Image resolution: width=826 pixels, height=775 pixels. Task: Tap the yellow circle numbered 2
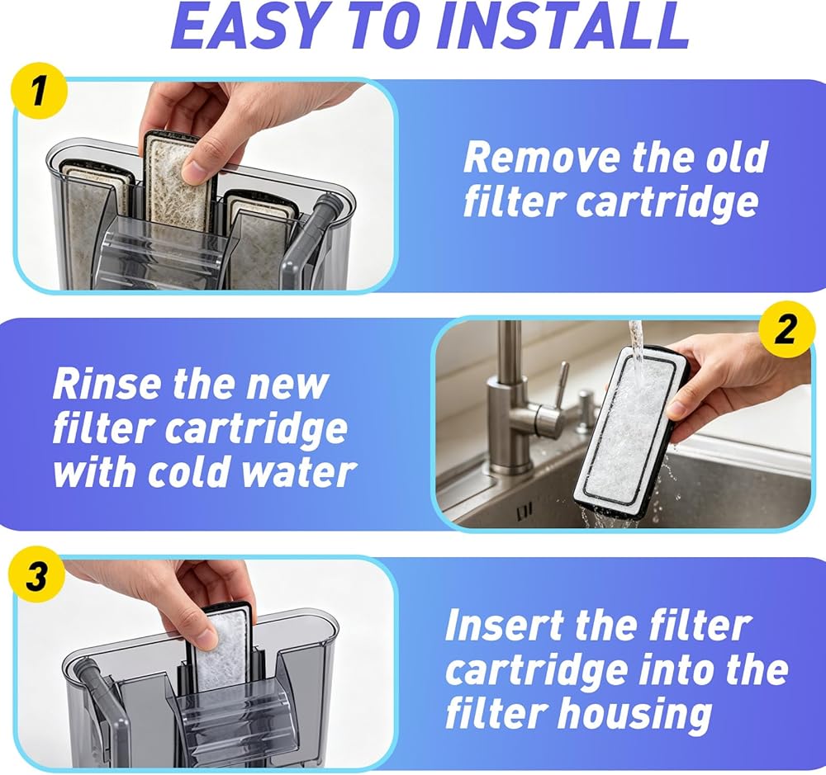[786, 330]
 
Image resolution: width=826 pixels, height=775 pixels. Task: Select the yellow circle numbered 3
[37, 576]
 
